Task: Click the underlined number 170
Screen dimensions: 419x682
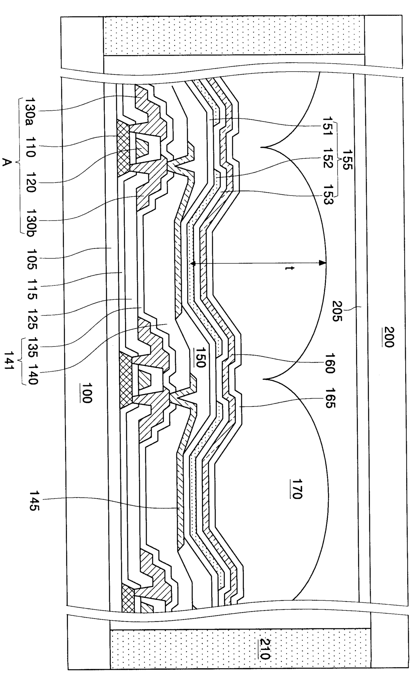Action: (x=297, y=489)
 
